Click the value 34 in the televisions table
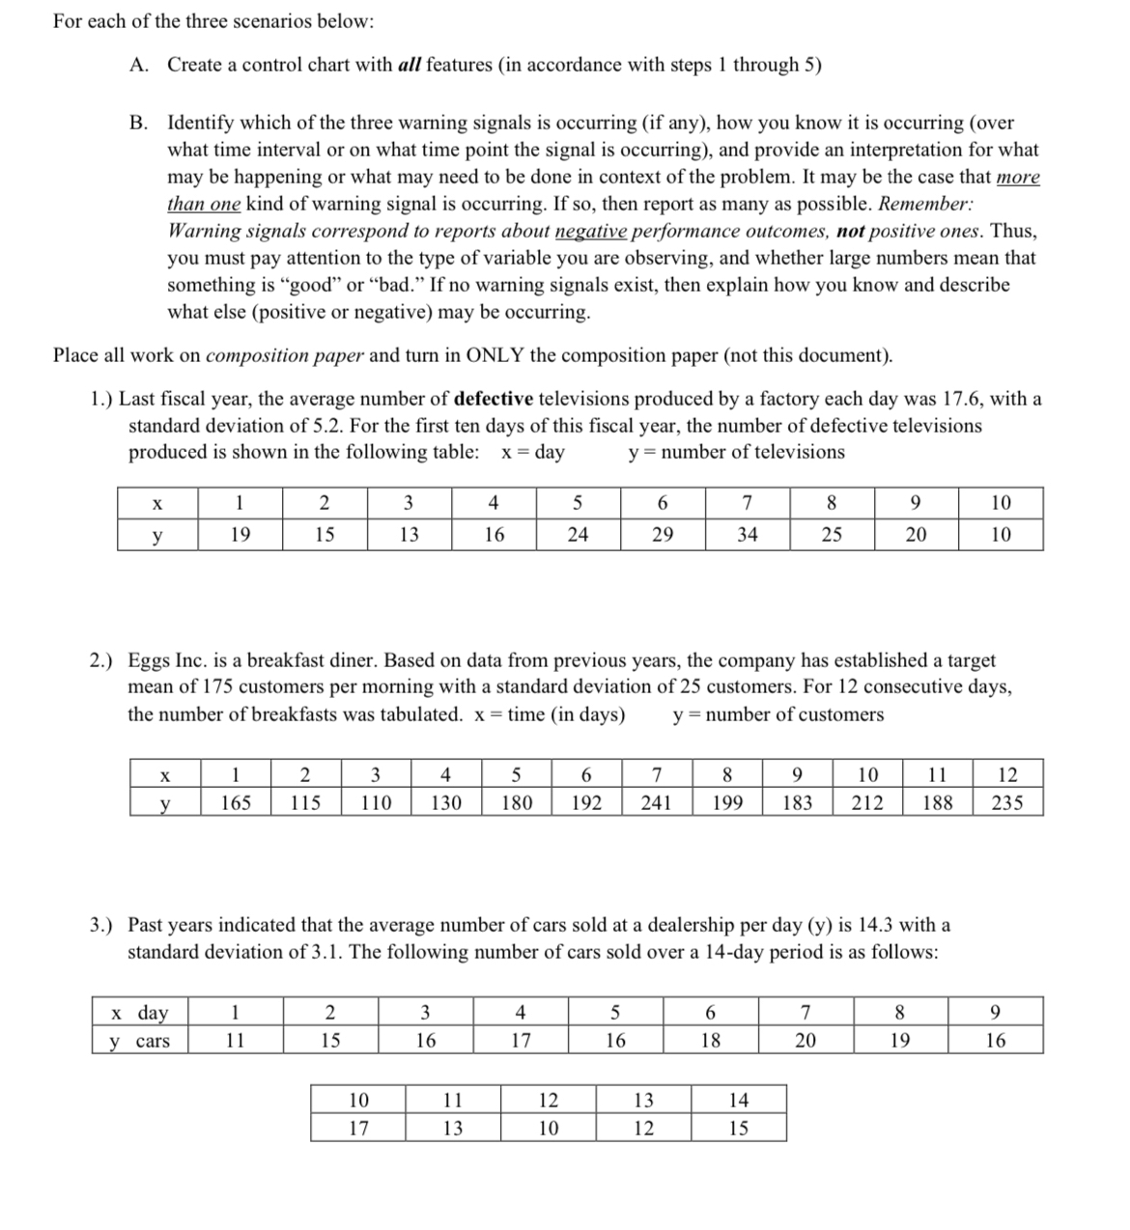[747, 534]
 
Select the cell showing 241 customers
[656, 802]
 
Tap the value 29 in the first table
[662, 534]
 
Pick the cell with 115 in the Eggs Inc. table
[305, 802]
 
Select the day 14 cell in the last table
[738, 1100]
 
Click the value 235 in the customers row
[1007, 802]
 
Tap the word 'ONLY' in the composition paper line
[494, 354]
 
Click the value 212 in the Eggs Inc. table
[867, 802]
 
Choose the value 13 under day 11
[452, 1128]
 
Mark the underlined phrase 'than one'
[204, 204]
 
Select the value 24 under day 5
[577, 534]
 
